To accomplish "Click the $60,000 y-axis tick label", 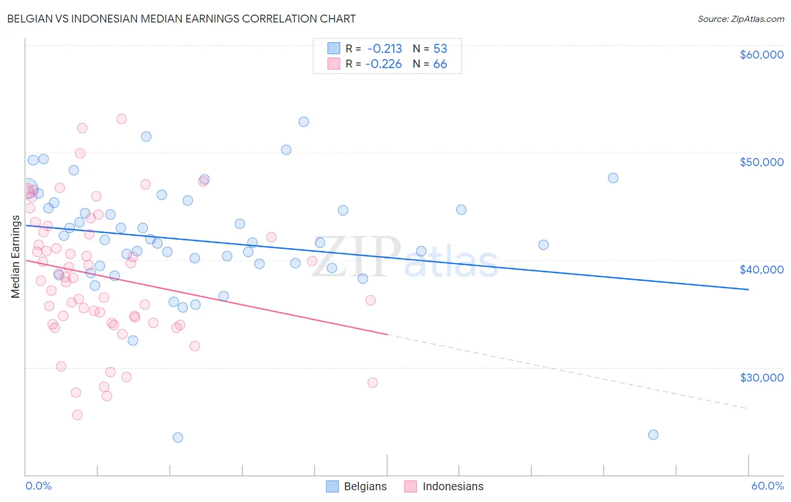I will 761,55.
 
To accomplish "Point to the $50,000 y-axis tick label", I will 761,162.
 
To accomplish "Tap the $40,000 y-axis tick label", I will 761,270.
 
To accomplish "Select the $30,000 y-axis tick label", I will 761,377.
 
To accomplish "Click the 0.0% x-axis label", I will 38,486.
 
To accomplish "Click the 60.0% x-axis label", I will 767,486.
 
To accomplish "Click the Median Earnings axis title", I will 15,257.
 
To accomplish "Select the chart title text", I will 181,19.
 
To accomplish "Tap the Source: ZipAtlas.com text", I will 740,19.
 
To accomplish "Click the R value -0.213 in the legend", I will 385,48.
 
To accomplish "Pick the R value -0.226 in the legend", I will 384,64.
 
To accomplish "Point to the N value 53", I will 440,48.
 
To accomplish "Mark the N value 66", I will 440,64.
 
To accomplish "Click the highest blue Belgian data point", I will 304,122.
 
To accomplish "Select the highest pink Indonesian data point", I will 122,119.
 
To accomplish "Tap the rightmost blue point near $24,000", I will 653,434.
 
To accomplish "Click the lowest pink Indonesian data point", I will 77,415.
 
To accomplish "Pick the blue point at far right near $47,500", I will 613,178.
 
